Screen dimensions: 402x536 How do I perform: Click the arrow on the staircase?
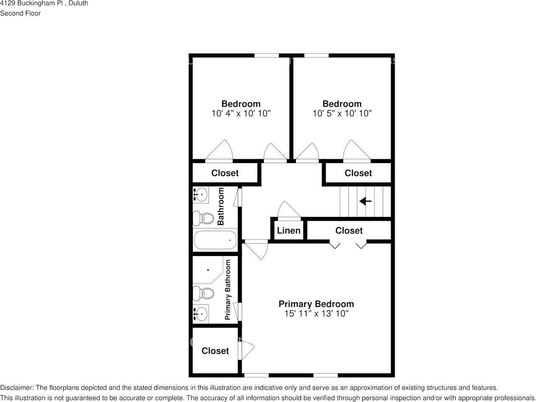pos(365,201)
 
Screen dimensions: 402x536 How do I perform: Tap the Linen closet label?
pos(289,231)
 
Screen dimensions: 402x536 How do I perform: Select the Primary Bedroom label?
pos(316,304)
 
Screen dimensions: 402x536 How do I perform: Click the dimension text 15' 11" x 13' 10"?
pos(316,314)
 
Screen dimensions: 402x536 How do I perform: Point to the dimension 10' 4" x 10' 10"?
pos(241,113)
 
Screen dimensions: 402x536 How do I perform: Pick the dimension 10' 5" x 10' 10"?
pos(342,113)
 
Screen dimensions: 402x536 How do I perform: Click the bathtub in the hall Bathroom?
pos(215,240)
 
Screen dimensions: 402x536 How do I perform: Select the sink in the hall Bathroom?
pos(201,195)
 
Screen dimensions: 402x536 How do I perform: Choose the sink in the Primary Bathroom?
pos(201,314)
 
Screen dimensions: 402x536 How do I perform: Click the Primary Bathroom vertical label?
pos(228,290)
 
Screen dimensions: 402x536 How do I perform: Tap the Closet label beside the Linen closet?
pos(349,231)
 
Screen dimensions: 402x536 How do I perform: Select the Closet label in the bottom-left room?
pos(215,351)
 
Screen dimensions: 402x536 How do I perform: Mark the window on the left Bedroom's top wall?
pos(266,55)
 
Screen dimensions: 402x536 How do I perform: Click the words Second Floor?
pos(20,13)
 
